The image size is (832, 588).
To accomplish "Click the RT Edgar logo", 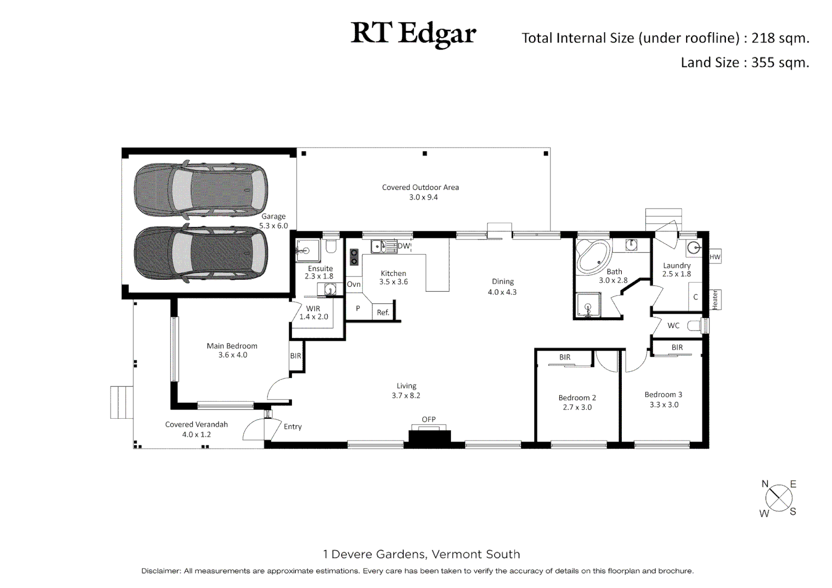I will (413, 34).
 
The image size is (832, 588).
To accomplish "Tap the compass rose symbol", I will (779, 498).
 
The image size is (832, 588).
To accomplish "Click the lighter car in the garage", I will (201, 188).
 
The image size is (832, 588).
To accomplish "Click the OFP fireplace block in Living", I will (430, 437).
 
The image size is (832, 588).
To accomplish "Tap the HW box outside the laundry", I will (715, 257).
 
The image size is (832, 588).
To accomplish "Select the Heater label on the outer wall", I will (715, 299).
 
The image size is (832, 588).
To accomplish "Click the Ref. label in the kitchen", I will (383, 313).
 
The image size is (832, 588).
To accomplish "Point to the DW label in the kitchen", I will (404, 246).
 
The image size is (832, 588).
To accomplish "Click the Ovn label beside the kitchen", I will (353, 284).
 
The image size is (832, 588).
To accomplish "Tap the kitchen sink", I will (383, 247).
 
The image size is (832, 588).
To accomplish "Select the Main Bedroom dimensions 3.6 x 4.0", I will (233, 355).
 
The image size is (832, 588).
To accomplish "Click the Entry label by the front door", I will (292, 427).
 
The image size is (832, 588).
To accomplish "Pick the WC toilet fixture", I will (695, 326).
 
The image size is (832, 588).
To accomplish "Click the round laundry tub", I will (694, 248).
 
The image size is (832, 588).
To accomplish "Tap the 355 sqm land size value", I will (780, 63).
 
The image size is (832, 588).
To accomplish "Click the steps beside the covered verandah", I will (121, 402).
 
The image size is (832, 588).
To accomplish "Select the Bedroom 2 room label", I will (577, 398).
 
